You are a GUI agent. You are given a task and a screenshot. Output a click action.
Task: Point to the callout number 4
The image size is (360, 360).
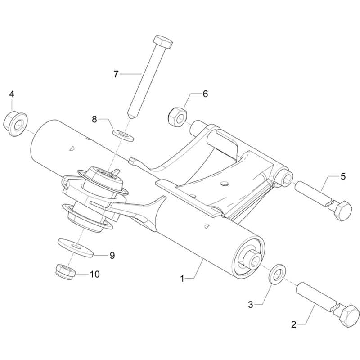pyautogui.click(x=12, y=94)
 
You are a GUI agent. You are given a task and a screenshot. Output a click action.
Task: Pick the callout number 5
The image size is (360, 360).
pyautogui.click(x=343, y=176)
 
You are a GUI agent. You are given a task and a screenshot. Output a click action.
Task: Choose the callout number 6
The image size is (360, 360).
pyautogui.click(x=205, y=94)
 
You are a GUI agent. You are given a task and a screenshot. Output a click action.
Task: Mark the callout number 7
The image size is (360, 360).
pyautogui.click(x=116, y=73)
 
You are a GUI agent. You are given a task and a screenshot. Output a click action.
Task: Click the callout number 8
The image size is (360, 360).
pyautogui.click(x=94, y=119)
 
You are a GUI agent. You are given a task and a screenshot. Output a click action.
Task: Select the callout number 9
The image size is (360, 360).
pyautogui.click(x=112, y=255)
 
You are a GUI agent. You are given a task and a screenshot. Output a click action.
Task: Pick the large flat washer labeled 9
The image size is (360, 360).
pyautogui.click(x=75, y=247)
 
